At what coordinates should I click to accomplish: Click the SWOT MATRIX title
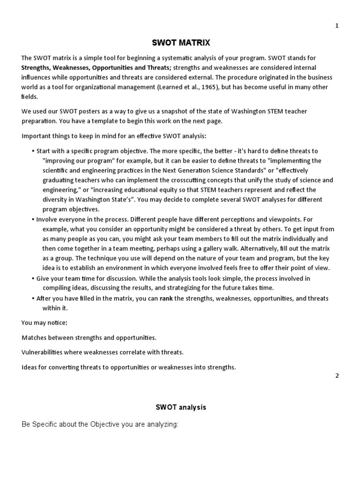[x=181, y=43]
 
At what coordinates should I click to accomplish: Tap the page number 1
[x=337, y=26]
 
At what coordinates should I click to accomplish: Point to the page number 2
[x=337, y=375]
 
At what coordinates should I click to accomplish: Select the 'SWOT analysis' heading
[x=181, y=407]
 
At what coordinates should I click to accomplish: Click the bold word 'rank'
[x=166, y=298]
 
